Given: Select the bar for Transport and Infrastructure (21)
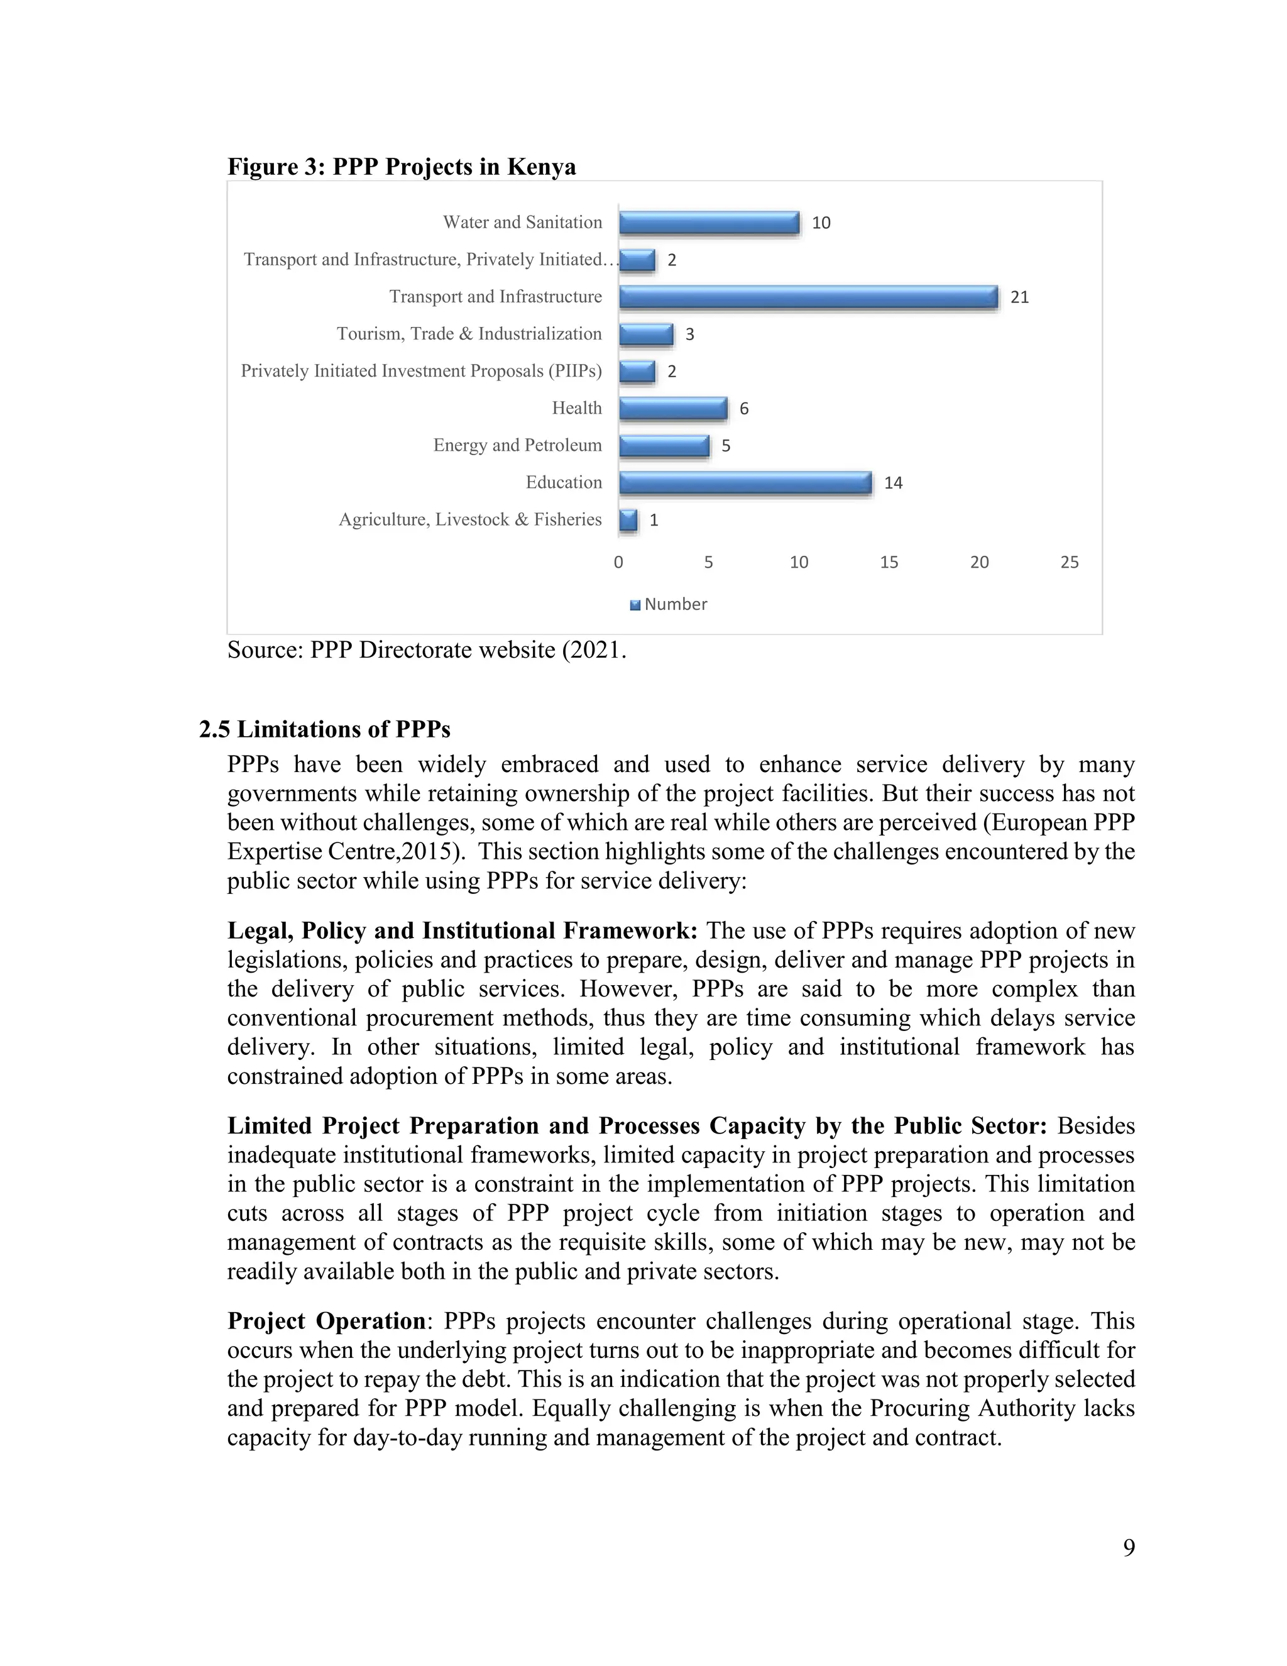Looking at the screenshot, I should [x=808, y=297].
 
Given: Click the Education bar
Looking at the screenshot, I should [x=745, y=483].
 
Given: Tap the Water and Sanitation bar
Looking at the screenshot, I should [x=709, y=223].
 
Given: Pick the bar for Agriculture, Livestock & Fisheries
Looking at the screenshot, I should [x=628, y=519].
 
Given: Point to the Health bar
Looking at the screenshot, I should [x=673, y=409].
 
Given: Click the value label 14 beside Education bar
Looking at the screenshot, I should [x=893, y=483].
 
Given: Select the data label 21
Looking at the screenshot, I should [x=1019, y=297].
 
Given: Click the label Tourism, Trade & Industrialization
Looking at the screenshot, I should [x=469, y=334].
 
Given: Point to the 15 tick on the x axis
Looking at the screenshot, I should [x=889, y=562].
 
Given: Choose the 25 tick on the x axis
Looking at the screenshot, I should [x=1069, y=562].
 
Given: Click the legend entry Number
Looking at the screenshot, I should [x=675, y=604].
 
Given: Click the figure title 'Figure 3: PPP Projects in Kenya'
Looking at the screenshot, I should [x=401, y=167].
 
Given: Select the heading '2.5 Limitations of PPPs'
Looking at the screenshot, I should [x=325, y=729].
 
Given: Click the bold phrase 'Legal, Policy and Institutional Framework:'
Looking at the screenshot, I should [x=462, y=930].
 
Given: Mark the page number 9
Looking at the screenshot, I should [x=1129, y=1548].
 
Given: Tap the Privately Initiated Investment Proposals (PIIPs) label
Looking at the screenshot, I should [x=421, y=372].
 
